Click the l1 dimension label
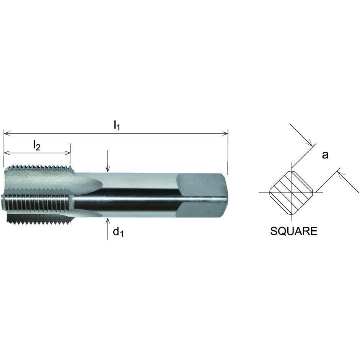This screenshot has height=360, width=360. (117, 125)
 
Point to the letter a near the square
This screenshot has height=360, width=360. (325, 155)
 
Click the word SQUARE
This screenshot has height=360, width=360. (293, 231)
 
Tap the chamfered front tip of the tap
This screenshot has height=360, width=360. (6, 191)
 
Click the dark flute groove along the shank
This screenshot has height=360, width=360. (126, 204)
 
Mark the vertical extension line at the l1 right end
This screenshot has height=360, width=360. (228, 153)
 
